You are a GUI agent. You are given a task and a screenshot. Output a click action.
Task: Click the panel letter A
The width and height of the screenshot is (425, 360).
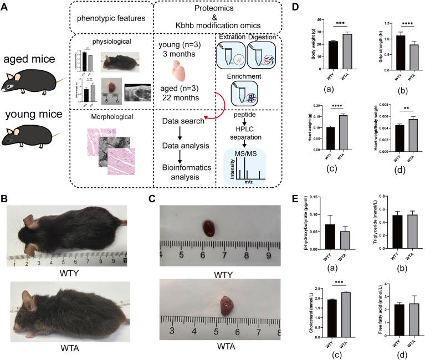pos(5,7)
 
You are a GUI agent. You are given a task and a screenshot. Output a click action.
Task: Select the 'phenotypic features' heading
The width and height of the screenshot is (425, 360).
pos(103,19)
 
